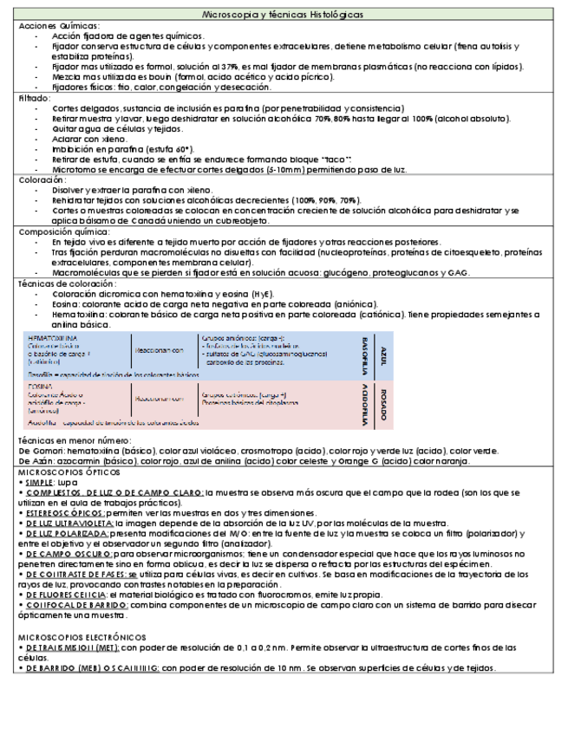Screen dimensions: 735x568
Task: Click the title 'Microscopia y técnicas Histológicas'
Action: pyautogui.click(x=282, y=15)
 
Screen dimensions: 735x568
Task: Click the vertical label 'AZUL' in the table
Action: pyautogui.click(x=382, y=354)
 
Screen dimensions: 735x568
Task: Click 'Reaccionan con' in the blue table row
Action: pyautogui.click(x=159, y=350)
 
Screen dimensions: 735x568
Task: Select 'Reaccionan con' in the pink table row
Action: pyautogui.click(x=159, y=400)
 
